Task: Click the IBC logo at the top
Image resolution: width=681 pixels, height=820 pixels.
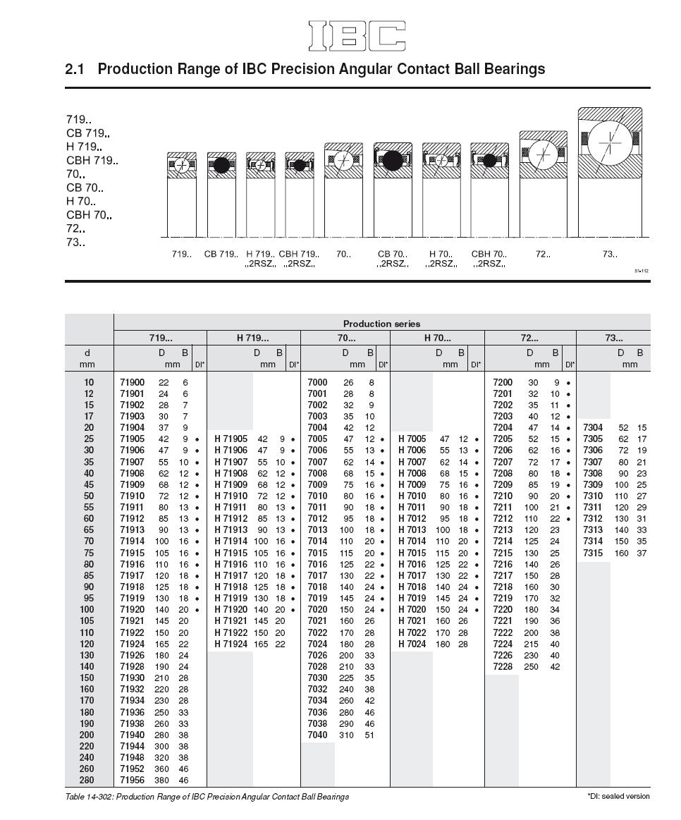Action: point(357,36)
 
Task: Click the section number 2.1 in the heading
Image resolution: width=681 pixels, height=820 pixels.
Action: point(75,69)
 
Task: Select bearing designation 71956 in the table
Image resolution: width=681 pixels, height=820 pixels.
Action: point(132,781)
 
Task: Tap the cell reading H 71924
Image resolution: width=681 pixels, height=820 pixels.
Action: point(231,644)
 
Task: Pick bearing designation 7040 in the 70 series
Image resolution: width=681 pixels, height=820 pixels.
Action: point(318,735)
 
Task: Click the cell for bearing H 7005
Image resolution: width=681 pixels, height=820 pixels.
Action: point(412,439)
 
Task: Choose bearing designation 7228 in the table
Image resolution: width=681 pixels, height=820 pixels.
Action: point(503,666)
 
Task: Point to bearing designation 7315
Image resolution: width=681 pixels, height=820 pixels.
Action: point(593,553)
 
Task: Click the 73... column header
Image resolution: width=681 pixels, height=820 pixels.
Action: point(613,338)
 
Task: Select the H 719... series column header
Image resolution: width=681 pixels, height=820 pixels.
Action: point(252,338)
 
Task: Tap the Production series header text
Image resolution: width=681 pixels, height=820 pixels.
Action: point(381,324)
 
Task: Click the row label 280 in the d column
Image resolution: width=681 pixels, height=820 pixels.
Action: point(87,781)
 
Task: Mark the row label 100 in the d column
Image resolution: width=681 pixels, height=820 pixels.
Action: point(87,609)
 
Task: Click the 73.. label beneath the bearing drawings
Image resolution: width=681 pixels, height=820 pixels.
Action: point(610,254)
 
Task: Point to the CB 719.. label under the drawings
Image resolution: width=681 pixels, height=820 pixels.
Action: point(221,254)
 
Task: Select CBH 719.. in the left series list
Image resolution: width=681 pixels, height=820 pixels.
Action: point(92,161)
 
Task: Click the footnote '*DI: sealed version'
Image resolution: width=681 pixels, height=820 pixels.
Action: point(618,796)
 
